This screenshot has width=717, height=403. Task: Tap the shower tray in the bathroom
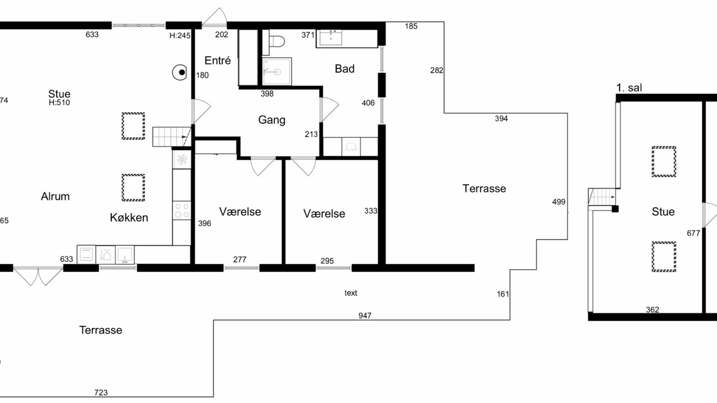pyautogui.click(x=277, y=72)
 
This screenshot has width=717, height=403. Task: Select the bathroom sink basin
pyautogui.click(x=330, y=38)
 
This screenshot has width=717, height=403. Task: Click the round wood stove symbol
pyautogui.click(x=180, y=73)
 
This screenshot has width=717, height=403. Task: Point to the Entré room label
pyautogui.click(x=218, y=60)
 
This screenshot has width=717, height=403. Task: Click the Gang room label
pyautogui.click(x=272, y=120)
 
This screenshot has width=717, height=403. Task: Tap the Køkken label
pyautogui.click(x=129, y=218)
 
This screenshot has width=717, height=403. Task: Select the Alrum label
pyautogui.click(x=55, y=196)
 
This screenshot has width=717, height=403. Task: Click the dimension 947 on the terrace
pyautogui.click(x=365, y=316)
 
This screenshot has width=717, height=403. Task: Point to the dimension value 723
pyautogui.click(x=101, y=392)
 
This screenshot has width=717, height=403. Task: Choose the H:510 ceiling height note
pyautogui.click(x=59, y=102)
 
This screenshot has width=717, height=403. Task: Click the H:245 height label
pyautogui.click(x=180, y=35)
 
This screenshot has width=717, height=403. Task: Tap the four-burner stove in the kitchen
pyautogui.click(x=181, y=210)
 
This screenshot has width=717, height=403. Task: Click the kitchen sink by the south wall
pyautogui.click(x=124, y=255)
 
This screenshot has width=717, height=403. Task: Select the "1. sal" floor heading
pyautogui.click(x=629, y=88)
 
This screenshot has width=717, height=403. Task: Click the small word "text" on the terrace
pyautogui.click(x=351, y=293)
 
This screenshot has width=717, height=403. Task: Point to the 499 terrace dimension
pyautogui.click(x=558, y=202)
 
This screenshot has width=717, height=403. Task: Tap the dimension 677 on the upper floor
pyautogui.click(x=693, y=233)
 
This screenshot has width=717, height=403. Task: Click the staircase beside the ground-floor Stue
pyautogui.click(x=171, y=137)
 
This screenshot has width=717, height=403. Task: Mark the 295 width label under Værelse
pyautogui.click(x=327, y=261)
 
